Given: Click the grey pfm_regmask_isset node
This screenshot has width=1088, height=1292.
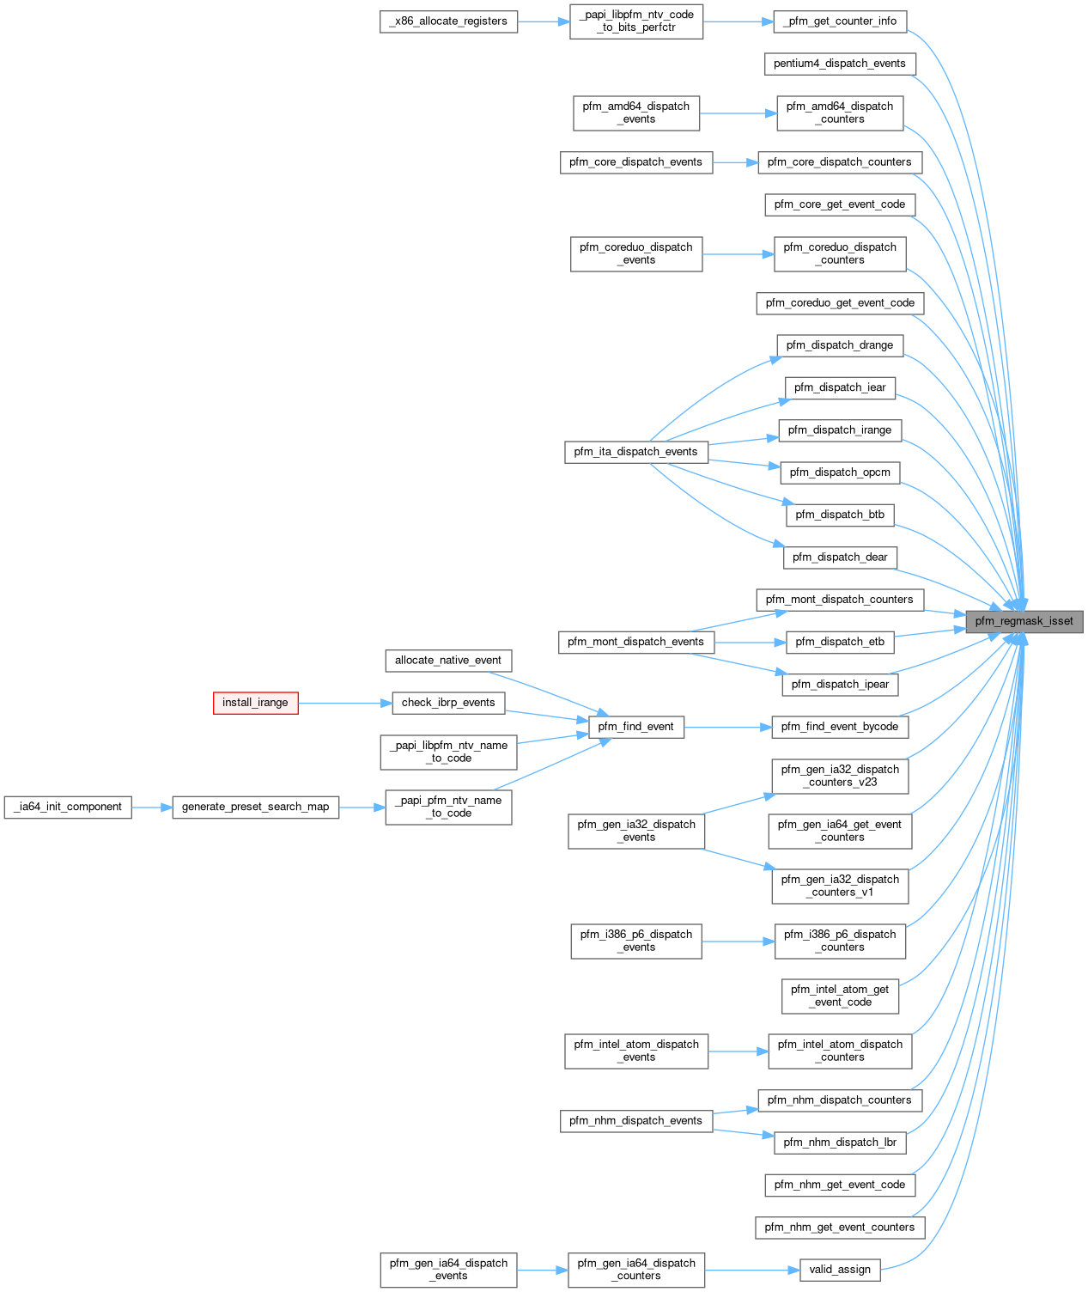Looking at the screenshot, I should (1024, 621).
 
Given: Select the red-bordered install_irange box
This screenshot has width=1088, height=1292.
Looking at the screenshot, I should (255, 703).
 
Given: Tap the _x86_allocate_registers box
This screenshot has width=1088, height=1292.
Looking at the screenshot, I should (448, 21).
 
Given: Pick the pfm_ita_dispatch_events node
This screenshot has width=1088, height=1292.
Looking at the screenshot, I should (635, 452).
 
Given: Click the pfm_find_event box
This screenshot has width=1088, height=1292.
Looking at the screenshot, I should (635, 727).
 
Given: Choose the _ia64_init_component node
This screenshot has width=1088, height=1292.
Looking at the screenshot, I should (68, 807).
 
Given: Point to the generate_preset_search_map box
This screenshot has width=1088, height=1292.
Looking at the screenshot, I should (255, 807).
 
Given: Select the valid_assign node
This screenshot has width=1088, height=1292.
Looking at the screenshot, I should (840, 1270).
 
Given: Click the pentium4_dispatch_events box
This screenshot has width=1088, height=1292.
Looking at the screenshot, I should (839, 64).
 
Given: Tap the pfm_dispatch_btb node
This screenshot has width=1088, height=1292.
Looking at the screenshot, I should (839, 515).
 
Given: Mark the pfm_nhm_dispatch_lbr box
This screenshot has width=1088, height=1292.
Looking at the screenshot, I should (839, 1143).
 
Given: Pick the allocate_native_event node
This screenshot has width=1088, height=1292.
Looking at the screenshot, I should (447, 661).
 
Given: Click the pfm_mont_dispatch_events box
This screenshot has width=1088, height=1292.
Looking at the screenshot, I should (635, 642).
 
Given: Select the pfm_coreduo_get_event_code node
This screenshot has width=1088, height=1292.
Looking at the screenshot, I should (840, 303).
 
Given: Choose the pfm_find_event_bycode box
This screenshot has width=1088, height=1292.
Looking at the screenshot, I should (839, 727).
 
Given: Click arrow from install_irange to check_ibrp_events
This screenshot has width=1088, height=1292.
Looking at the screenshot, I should (344, 703).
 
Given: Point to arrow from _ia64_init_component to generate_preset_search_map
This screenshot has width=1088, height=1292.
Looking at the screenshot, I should (152, 807).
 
